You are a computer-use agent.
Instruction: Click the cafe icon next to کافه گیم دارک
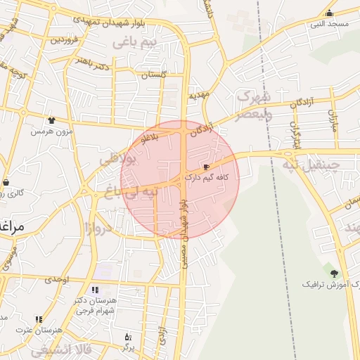pyautogui.click(x=205, y=167)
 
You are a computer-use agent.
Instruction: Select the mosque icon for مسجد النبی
pyautogui.click(x=329, y=13)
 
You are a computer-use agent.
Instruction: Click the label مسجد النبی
pyautogui.click(x=330, y=24)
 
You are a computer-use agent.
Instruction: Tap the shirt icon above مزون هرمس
pyautogui.click(x=51, y=120)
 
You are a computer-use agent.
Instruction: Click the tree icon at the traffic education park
pyautogui.click(x=333, y=273)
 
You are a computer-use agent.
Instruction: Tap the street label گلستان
pyautogui.click(x=154, y=74)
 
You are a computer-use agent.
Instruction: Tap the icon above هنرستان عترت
pyautogui.click(x=39, y=319)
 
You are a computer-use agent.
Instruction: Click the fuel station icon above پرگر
pyautogui.click(x=127, y=337)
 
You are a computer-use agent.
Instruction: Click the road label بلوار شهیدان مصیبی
pyautogui.click(x=184, y=232)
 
